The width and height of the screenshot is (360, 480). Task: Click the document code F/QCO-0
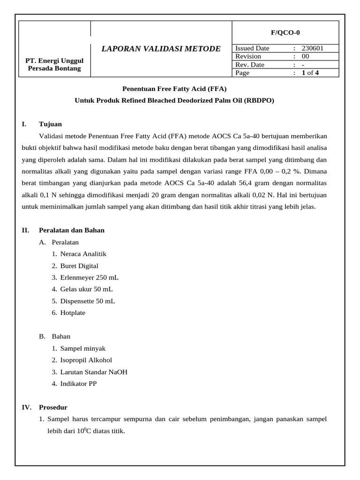click(x=285, y=32)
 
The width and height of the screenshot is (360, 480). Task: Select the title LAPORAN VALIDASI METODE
click(x=161, y=49)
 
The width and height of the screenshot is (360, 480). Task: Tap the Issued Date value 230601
click(x=312, y=48)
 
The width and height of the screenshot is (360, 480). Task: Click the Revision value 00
click(x=306, y=56)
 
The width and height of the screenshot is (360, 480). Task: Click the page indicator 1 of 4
click(x=310, y=73)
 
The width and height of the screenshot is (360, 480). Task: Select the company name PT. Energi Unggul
click(x=54, y=60)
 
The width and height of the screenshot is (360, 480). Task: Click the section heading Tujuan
click(x=50, y=124)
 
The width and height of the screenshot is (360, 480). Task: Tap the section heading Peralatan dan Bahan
click(x=72, y=230)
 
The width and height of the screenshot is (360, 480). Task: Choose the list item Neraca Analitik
click(x=83, y=254)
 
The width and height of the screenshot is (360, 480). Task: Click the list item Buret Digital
click(x=79, y=266)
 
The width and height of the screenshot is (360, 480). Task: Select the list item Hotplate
click(x=73, y=313)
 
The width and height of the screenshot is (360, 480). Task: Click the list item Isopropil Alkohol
click(x=86, y=360)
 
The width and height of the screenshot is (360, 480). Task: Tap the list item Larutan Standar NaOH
click(x=94, y=372)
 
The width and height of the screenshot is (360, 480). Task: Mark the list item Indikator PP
click(x=78, y=383)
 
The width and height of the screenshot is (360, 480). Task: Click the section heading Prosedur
click(x=53, y=407)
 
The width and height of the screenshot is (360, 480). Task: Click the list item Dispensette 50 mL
click(x=87, y=301)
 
